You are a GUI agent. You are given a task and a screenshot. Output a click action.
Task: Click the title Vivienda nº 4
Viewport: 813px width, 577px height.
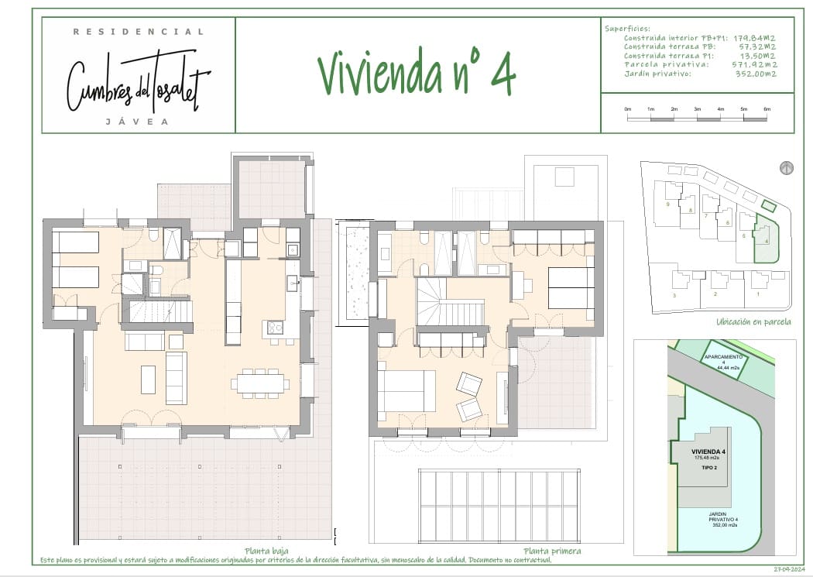tap(417, 74)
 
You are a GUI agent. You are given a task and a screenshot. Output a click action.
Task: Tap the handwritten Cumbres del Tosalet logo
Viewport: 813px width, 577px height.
tap(139, 80)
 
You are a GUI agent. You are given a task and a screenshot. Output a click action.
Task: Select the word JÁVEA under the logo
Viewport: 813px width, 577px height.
tap(139, 122)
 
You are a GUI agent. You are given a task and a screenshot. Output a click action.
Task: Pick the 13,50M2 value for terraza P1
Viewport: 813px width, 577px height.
tap(759, 55)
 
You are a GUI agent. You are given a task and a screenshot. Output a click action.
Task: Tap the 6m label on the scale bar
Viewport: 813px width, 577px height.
tap(767, 109)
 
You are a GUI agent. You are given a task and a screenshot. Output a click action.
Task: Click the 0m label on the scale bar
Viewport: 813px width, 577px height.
tap(628, 109)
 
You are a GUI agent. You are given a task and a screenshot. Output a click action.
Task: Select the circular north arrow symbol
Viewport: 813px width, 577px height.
tap(787, 168)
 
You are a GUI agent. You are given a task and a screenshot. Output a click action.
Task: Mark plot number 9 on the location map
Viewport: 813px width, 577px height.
tap(667, 204)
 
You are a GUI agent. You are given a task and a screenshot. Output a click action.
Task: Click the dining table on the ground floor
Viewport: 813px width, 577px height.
tap(260, 383)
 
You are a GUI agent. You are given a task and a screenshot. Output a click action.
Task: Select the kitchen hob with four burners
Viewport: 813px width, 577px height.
tap(275, 328)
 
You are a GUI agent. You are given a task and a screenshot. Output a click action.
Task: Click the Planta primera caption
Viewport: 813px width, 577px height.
tap(551, 551)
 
